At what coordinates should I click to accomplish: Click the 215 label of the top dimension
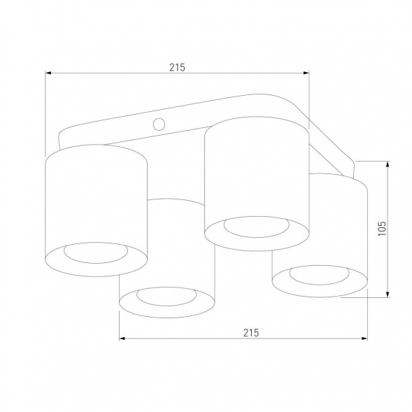click(x=176, y=68)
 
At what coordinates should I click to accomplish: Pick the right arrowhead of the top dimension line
click(x=304, y=73)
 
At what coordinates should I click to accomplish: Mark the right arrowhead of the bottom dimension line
click(x=364, y=339)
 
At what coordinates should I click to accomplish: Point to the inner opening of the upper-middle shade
click(x=255, y=227)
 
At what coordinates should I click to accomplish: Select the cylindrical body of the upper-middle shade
click(x=255, y=171)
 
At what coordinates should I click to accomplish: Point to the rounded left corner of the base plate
click(x=62, y=134)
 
